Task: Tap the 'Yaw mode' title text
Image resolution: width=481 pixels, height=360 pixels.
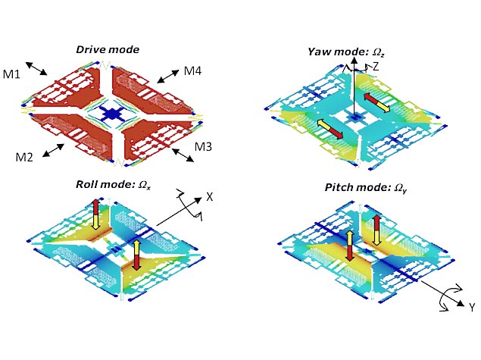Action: [x=336, y=52]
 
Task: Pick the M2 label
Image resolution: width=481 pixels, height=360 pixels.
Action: [x=25, y=157]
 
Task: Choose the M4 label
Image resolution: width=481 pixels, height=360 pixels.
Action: [x=192, y=72]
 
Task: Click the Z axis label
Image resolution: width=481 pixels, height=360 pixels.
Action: [x=375, y=66]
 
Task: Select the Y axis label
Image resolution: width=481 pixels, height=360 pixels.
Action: [x=470, y=307]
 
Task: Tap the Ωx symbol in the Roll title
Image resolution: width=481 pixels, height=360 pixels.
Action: [x=142, y=185]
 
